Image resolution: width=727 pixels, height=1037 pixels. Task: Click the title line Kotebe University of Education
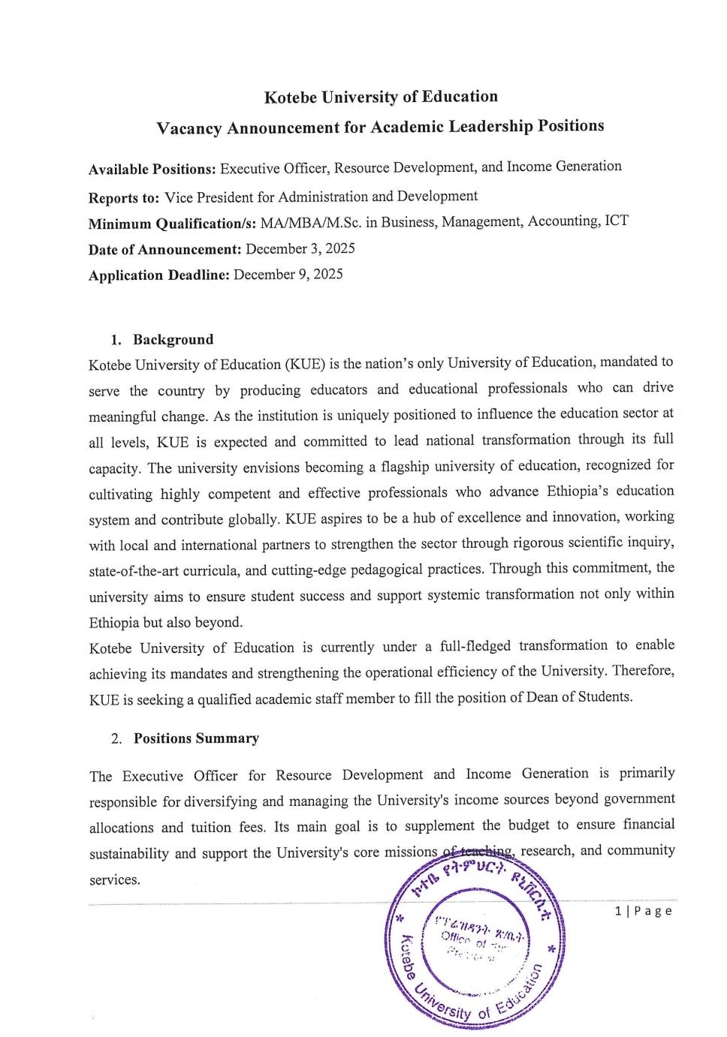381,97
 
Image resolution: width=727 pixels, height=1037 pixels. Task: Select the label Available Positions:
152,169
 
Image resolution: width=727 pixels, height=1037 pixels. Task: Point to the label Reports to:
124,198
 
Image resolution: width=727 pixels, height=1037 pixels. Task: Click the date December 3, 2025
300,248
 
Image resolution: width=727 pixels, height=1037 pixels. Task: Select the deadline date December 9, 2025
288,274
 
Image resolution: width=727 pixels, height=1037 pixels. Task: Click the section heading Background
173,339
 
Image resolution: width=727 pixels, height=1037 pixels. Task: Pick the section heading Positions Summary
196,738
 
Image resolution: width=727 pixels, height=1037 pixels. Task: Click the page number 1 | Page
643,911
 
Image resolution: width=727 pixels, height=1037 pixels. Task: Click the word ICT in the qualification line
617,221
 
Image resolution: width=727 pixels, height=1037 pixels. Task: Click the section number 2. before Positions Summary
116,738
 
